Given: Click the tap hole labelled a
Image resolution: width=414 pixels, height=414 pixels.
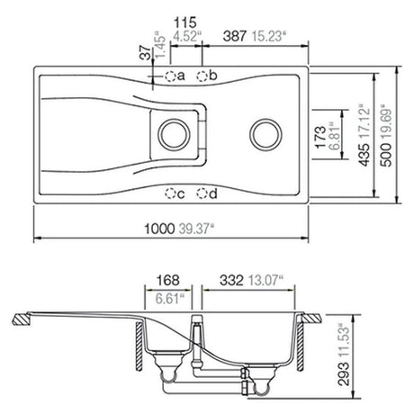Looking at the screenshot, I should pyautogui.click(x=168, y=76).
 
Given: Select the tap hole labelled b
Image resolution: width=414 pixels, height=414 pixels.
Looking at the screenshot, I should pyautogui.click(x=202, y=76).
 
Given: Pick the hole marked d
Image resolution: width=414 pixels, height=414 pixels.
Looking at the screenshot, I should pyautogui.click(x=202, y=193).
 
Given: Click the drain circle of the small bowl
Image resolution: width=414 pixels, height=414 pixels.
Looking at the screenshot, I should pyautogui.click(x=171, y=133).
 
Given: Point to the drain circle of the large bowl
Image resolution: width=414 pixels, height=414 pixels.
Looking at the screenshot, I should pyautogui.click(x=265, y=133).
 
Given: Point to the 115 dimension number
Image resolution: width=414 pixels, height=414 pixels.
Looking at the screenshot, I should pyautogui.click(x=186, y=20).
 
